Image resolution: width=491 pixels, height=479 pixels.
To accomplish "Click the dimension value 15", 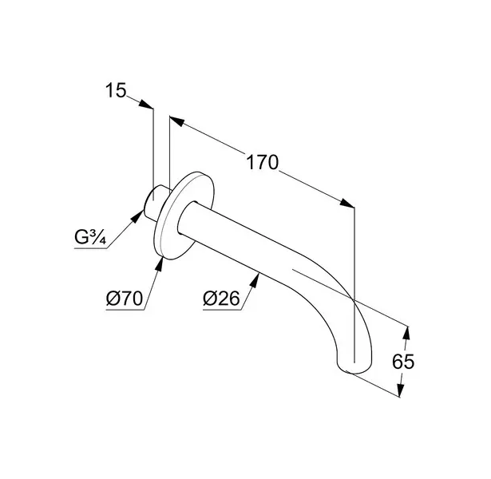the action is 116,90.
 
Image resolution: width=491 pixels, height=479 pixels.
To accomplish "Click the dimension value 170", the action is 263,162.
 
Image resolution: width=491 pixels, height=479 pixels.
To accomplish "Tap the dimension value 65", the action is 403,362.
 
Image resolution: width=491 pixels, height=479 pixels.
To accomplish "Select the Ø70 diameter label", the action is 125,298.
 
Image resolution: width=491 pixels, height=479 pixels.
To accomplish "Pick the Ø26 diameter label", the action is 221,298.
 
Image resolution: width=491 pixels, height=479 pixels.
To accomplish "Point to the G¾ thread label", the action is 90,237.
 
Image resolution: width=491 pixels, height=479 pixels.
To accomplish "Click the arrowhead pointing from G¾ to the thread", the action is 137,216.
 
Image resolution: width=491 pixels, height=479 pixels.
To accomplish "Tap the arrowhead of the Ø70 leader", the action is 160,264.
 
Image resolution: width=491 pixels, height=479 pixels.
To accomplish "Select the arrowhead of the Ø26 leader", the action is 255,280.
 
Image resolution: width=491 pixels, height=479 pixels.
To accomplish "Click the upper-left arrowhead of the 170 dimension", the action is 176,121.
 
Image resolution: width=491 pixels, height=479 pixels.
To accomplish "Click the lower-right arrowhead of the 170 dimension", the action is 347,204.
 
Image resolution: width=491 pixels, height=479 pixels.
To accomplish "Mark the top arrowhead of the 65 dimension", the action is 406,334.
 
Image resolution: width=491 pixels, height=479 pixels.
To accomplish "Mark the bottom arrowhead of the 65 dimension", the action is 400,390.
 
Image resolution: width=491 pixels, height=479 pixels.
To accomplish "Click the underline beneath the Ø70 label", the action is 125,311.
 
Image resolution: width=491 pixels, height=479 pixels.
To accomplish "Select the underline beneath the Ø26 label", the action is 222,311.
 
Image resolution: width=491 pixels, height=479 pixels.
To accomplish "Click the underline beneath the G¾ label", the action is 90,248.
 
